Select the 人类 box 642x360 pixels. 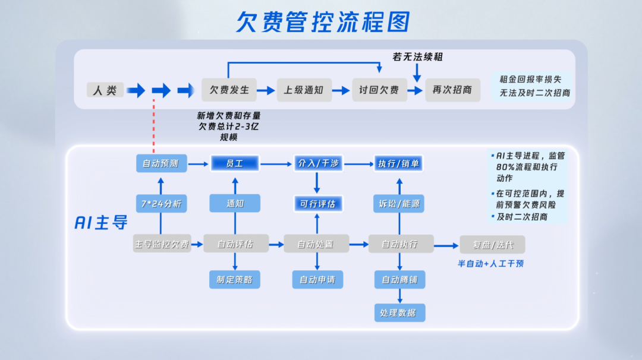[105, 90]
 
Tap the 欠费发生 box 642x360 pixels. [229, 90]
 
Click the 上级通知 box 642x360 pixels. [303, 90]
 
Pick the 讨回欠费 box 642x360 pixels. [379, 90]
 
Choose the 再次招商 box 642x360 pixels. [452, 90]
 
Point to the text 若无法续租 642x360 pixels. [417, 57]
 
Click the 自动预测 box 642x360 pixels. [160, 163]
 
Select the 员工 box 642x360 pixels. [235, 163]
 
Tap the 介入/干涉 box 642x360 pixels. [319, 163]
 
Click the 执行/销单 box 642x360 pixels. [398, 163]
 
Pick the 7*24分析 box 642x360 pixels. [160, 204]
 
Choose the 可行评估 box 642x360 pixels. [319, 204]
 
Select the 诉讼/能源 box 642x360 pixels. [398, 204]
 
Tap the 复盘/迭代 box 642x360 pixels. [492, 244]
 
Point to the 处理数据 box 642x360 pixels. [399, 312]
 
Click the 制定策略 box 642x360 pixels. [235, 279]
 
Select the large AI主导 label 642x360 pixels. [101, 223]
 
